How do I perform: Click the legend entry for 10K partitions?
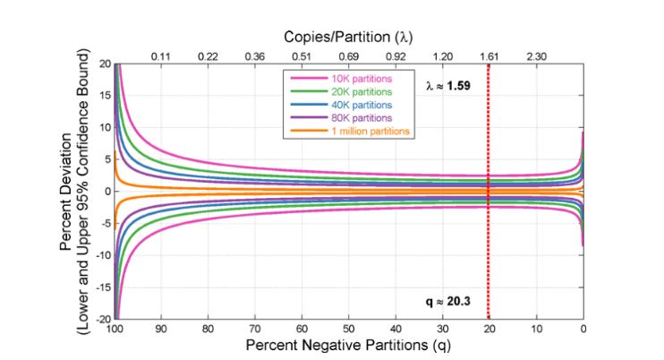tap(349, 79)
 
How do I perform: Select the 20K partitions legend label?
tap(349, 91)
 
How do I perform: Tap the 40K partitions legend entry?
tap(349, 105)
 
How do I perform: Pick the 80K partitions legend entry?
tap(349, 118)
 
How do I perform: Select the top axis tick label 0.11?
tap(161, 56)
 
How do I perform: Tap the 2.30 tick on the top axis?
tap(536, 56)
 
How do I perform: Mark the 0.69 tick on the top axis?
tap(348, 56)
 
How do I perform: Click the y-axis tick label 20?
tap(105, 64)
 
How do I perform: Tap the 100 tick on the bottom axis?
tap(115, 330)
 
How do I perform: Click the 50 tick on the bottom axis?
tap(349, 330)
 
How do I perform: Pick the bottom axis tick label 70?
tap(255, 330)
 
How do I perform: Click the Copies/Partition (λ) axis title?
tap(348, 38)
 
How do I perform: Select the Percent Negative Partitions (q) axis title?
tap(349, 345)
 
